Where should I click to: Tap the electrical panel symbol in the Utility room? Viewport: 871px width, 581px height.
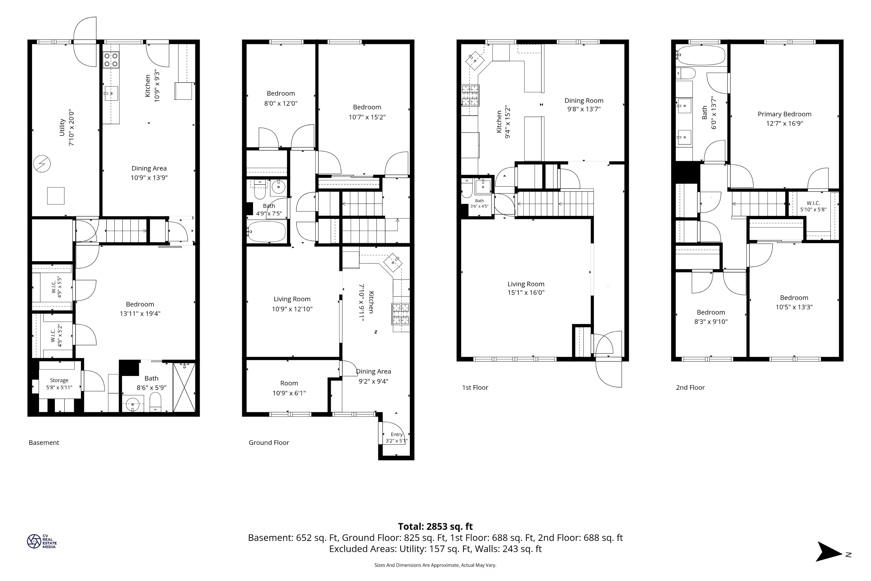pos(42,164)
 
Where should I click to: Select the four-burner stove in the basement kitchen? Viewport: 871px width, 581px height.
pos(111,60)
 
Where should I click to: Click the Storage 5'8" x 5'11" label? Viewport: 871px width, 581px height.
pos(59,384)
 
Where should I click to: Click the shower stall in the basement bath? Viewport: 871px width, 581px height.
pos(184,387)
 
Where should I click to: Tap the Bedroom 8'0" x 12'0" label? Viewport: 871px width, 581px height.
pos(281,98)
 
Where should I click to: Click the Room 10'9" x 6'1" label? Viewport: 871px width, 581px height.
pos(289,388)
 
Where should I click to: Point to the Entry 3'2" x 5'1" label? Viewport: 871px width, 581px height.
pos(397,438)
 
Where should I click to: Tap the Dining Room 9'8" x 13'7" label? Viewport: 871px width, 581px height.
pos(584,105)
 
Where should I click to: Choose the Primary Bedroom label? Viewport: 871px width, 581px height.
pos(784,114)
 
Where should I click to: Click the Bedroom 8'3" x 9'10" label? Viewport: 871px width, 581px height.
pos(711,317)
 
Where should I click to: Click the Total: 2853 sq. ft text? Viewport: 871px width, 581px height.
pos(436,527)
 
